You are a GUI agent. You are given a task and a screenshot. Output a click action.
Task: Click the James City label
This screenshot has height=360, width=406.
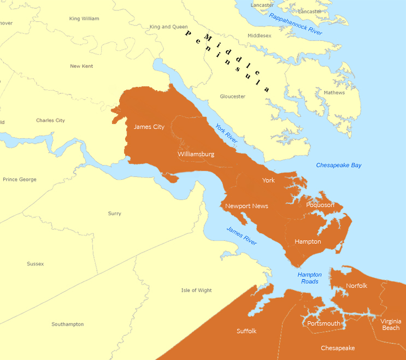click(x=149, y=127)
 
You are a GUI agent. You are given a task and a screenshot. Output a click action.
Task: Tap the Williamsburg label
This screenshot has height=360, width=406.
click(x=196, y=154)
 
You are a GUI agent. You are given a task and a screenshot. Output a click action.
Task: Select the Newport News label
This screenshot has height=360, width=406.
click(x=246, y=206)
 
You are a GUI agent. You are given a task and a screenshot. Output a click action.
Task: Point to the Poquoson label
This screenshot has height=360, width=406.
click(x=320, y=205)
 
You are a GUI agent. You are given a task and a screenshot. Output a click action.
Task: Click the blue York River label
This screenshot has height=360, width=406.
click(x=226, y=133)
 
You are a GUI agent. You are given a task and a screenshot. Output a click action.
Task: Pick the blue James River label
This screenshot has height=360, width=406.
click(x=241, y=235)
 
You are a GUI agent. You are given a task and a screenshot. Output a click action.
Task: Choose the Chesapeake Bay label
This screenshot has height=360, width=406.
click(x=339, y=165)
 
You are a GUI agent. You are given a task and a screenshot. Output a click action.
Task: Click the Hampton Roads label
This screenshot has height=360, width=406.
click(x=309, y=278)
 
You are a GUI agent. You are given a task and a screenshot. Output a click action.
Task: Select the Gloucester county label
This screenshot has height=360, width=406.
click(x=232, y=96)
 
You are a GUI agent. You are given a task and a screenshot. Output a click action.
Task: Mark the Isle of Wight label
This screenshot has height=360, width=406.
click(x=196, y=290)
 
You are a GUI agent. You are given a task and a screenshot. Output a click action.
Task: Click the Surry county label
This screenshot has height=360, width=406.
click(x=115, y=214)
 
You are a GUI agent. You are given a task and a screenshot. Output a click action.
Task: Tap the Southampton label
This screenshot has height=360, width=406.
click(x=68, y=324)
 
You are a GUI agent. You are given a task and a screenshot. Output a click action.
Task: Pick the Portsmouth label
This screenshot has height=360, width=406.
click(x=323, y=323)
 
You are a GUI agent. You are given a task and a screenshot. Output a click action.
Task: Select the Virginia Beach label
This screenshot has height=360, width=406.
click(x=391, y=324)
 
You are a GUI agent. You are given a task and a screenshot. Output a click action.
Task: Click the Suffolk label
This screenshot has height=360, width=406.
click(x=246, y=331)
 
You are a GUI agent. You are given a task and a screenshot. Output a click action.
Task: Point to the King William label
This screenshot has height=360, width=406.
click(x=84, y=19)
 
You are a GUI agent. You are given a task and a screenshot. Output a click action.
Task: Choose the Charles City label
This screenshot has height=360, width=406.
click(x=50, y=120)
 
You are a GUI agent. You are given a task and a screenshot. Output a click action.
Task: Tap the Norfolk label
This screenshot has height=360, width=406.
click(x=356, y=286)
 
